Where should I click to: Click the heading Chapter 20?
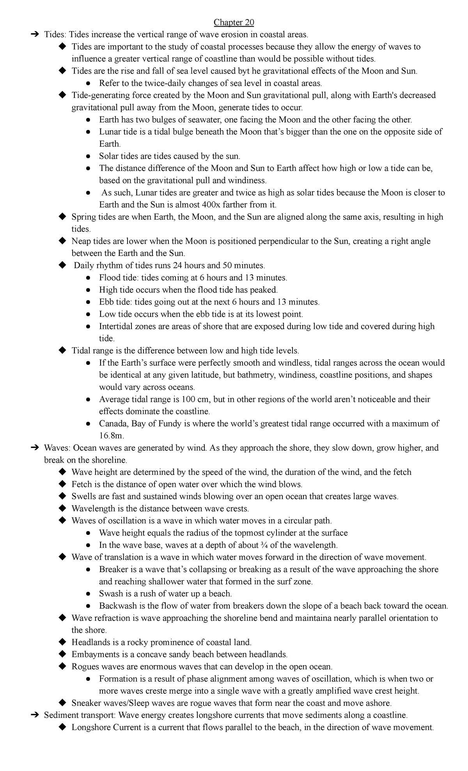pos(234,23)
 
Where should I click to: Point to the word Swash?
pos(111,594)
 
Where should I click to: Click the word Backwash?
pos(116,606)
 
